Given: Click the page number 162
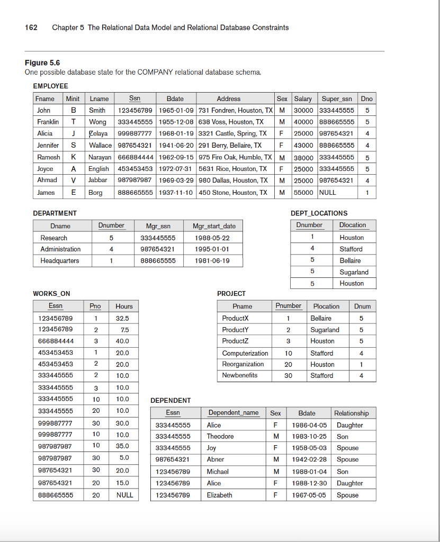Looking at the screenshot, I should [x=31, y=28].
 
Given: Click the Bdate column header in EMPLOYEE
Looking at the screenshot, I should [x=175, y=98].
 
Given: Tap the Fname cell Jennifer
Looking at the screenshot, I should [x=48, y=145].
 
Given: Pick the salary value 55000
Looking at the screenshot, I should [x=303, y=193].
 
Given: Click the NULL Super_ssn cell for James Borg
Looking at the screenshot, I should [x=327, y=193].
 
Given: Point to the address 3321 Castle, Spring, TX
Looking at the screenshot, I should [x=232, y=133].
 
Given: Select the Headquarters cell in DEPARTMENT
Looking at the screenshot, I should [x=59, y=260].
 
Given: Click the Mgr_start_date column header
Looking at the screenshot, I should [x=214, y=226].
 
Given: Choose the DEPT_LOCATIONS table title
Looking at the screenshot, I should [x=319, y=213].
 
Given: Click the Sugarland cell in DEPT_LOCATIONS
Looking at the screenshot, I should [x=354, y=272].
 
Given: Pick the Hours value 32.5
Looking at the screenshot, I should [x=122, y=319].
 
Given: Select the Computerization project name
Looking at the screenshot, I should [x=245, y=353].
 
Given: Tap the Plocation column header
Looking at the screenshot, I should [x=326, y=306].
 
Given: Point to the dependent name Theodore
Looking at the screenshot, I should [x=220, y=437].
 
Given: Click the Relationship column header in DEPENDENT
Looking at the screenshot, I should [x=351, y=413].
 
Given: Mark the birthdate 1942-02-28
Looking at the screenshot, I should [x=309, y=459].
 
